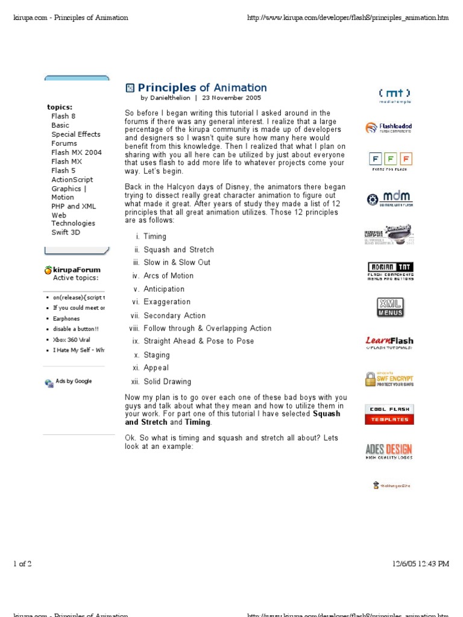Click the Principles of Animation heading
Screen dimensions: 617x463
[x=202, y=88]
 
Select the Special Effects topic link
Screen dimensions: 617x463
[x=76, y=134]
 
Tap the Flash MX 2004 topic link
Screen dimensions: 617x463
[x=77, y=152]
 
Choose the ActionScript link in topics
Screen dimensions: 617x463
[x=72, y=180]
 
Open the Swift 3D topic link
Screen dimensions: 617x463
[x=66, y=233]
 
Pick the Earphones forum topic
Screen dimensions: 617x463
[x=66, y=319]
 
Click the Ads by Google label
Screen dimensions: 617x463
[x=74, y=381]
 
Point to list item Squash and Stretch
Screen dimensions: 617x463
[x=178, y=249]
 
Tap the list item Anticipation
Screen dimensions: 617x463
[x=164, y=289]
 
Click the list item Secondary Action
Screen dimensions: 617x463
[x=174, y=315]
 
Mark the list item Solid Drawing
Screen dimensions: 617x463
[x=167, y=381]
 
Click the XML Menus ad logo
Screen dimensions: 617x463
[x=389, y=307]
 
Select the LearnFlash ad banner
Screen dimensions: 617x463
[x=389, y=343]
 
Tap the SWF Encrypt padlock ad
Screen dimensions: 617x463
[x=389, y=379]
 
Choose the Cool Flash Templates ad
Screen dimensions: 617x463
[x=389, y=415]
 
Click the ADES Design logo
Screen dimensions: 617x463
[x=389, y=451]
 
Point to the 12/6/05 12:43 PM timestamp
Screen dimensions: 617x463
[x=420, y=564]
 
